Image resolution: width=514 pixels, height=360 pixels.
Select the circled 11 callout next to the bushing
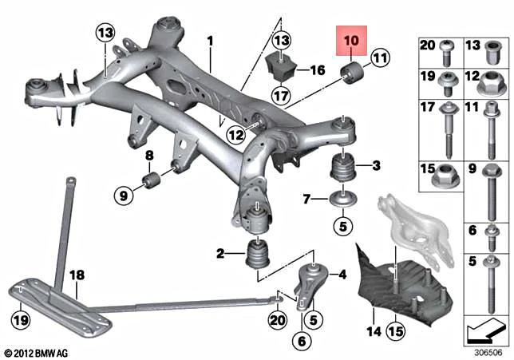(378, 57)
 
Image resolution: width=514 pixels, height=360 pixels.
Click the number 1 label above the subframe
(211, 39)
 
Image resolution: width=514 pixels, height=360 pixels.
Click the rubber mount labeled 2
(258, 255)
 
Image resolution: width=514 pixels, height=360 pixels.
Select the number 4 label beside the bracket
(342, 275)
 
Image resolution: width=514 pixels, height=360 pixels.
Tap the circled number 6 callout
(301, 341)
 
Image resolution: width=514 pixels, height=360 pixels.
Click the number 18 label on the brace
(76, 275)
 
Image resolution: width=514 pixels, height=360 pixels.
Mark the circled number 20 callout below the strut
(276, 319)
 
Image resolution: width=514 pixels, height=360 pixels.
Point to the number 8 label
(149, 154)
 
